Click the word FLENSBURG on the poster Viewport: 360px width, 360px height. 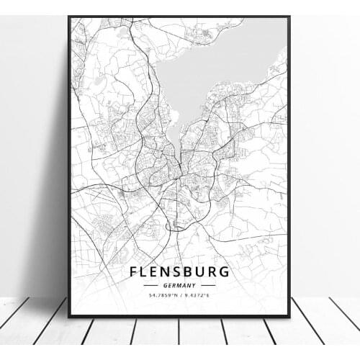point(180,272)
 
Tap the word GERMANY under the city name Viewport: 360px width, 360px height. point(180,285)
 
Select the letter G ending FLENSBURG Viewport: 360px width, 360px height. point(225,272)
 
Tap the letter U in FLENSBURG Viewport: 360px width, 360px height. point(202,272)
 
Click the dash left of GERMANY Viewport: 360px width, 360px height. point(153,285)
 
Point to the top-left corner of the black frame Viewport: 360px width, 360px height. point(69,17)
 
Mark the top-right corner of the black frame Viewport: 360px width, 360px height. point(289,17)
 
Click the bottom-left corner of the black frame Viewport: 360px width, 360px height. point(69,316)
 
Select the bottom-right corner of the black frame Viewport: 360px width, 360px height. point(289,316)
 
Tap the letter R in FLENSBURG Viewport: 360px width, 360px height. point(213,272)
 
